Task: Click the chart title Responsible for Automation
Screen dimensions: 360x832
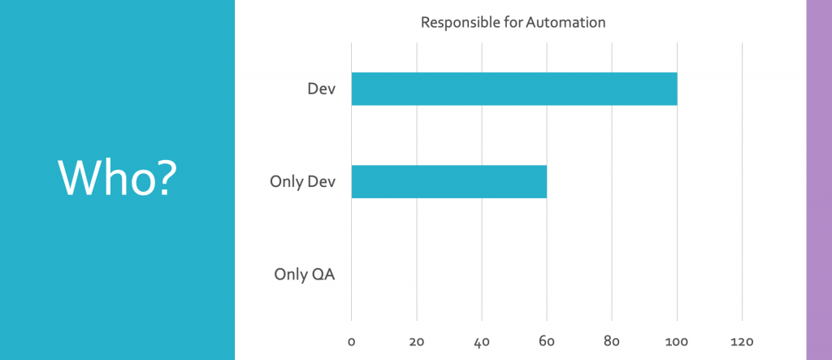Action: point(513,22)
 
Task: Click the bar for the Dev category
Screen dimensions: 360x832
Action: point(513,89)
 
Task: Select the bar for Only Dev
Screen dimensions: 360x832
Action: point(448,181)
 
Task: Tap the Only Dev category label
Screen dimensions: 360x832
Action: point(302,181)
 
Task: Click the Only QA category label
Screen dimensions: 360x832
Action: point(305,274)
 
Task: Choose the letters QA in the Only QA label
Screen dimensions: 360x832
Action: point(323,274)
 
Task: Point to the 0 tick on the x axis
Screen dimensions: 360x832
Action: point(351,341)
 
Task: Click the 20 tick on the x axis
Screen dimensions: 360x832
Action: point(416,341)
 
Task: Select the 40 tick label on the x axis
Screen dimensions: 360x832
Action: point(481,341)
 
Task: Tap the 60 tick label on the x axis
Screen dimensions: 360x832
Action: point(546,341)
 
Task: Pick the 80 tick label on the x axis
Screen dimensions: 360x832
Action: point(612,341)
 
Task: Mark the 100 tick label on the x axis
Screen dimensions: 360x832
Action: point(676,341)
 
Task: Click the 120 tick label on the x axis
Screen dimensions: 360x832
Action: point(742,341)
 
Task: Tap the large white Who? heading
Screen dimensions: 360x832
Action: point(117,178)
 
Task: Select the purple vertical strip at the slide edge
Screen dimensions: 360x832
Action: point(818,180)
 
